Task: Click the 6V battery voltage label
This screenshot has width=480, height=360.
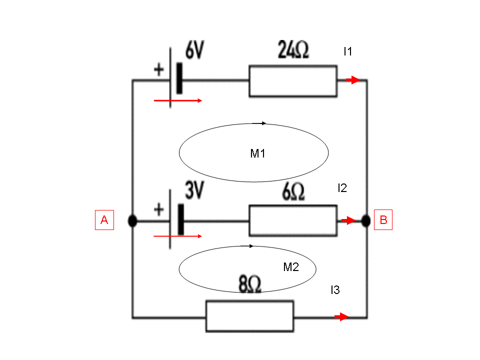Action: (194, 50)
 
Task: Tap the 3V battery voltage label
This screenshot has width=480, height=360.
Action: (194, 190)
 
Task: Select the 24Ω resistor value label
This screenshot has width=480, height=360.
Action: (293, 49)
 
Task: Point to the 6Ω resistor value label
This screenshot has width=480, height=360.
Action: (293, 191)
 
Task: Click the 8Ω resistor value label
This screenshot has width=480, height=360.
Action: (250, 284)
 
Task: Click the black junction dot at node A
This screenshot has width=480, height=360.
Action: (132, 220)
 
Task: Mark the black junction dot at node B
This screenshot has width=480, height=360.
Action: (366, 220)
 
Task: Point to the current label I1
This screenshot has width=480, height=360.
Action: (348, 51)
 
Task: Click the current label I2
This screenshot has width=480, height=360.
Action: (342, 188)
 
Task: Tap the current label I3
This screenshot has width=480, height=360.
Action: (335, 289)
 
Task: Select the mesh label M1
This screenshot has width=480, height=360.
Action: (258, 153)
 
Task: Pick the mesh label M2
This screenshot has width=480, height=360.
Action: (291, 267)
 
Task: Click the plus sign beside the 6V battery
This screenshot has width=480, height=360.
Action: (159, 69)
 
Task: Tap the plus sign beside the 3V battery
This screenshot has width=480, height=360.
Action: (159, 209)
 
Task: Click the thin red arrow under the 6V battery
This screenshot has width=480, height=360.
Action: (178, 100)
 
